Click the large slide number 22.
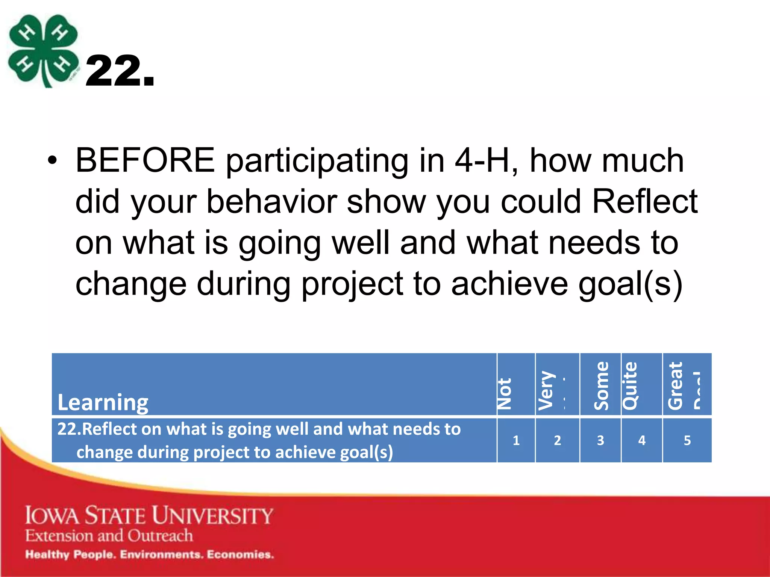[x=120, y=71]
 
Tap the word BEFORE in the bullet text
[x=145, y=160]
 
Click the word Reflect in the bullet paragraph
[x=644, y=201]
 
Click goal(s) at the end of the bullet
[x=630, y=284]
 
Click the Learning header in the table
[x=103, y=402]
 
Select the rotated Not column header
[x=505, y=393]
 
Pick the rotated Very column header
[x=546, y=391]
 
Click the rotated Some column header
[x=601, y=386]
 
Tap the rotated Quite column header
[x=630, y=386]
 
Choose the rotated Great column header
[x=676, y=386]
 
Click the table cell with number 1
[x=516, y=440]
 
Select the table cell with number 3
[x=600, y=440]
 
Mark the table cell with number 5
[x=687, y=440]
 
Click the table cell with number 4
[x=642, y=440]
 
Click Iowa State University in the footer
[x=149, y=515]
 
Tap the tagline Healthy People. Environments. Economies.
[x=149, y=554]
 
